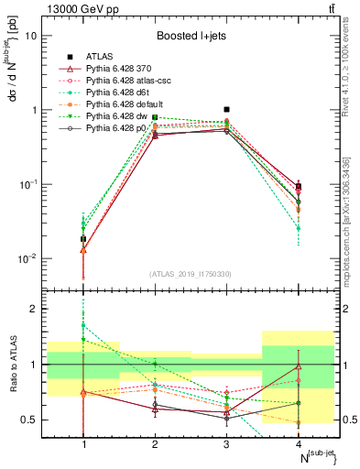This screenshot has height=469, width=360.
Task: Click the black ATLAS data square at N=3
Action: click(226, 109)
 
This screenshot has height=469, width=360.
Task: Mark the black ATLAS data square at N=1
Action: click(83, 239)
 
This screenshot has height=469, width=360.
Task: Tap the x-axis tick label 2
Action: click(155, 444)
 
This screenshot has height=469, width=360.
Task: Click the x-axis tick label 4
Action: click(298, 444)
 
